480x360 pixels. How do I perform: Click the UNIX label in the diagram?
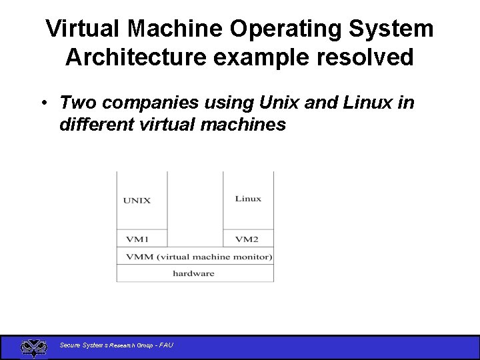coord(137,200)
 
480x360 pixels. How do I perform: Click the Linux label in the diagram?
coord(248,199)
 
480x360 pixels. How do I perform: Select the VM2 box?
coord(247,239)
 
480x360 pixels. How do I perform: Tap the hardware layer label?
coord(193,273)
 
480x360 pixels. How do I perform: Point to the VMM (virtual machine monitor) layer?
coord(195,257)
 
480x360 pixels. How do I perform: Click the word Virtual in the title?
coord(83,29)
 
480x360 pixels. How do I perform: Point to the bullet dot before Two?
coord(42,103)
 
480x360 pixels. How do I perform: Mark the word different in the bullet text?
coord(97,125)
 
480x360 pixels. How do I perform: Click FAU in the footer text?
coord(165,345)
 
